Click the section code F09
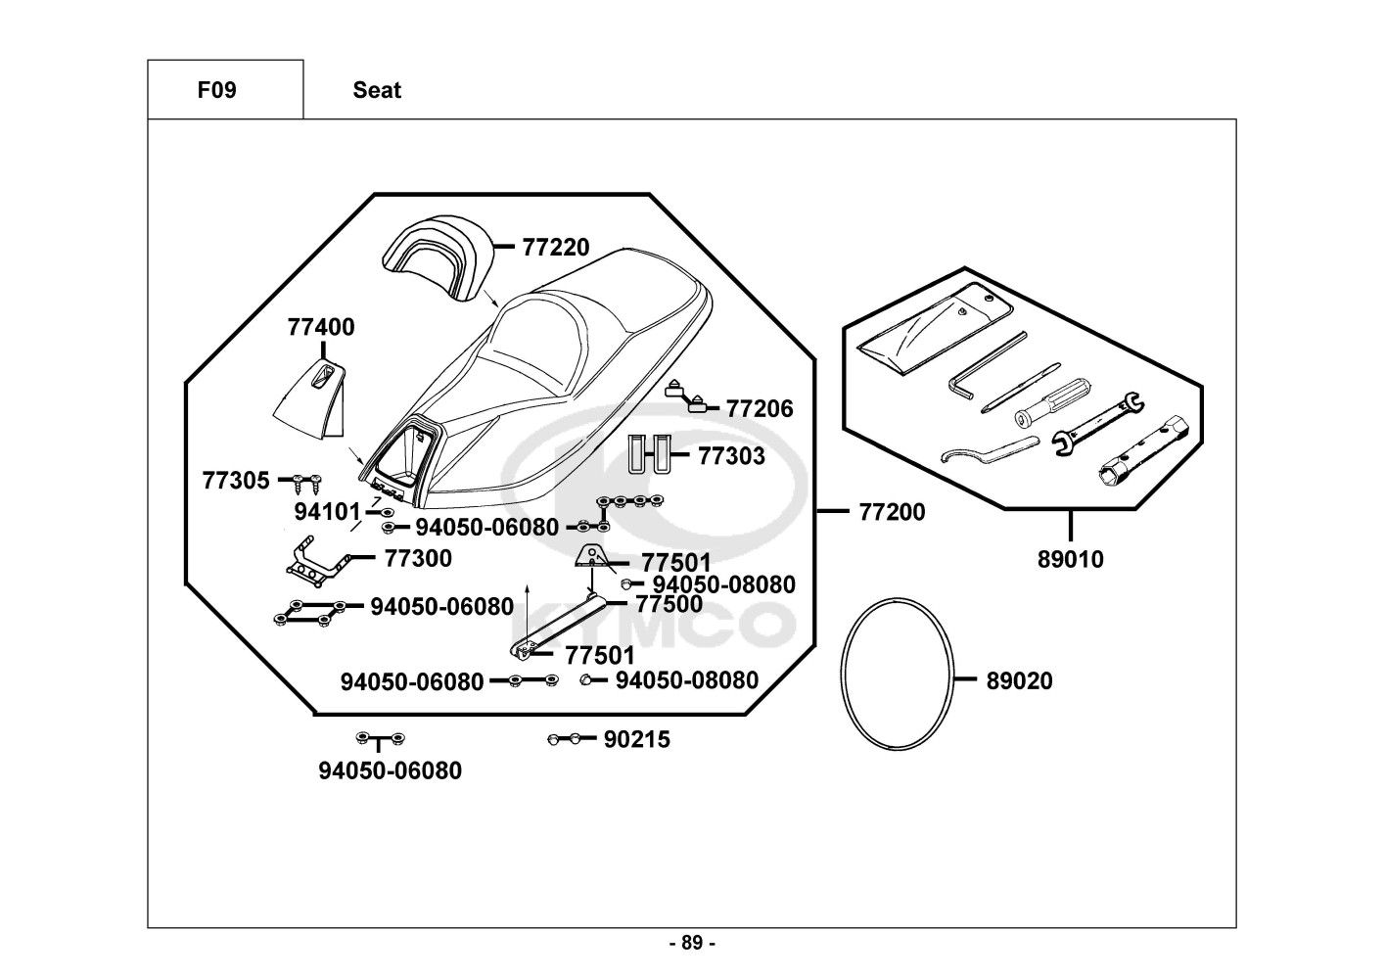coord(216,91)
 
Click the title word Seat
coord(377,91)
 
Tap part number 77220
coord(556,248)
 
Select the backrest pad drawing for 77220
coord(436,256)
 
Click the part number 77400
coord(321,327)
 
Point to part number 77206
coord(760,409)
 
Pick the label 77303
coord(731,456)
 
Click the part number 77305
coord(235,481)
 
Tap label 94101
coord(328,512)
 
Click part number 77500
coord(669,604)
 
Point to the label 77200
coord(892,512)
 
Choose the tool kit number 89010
coord(1070,560)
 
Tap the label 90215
coord(637,740)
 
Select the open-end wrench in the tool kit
coord(1097,422)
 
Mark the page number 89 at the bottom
coord(692,944)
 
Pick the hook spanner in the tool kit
coord(986,450)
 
